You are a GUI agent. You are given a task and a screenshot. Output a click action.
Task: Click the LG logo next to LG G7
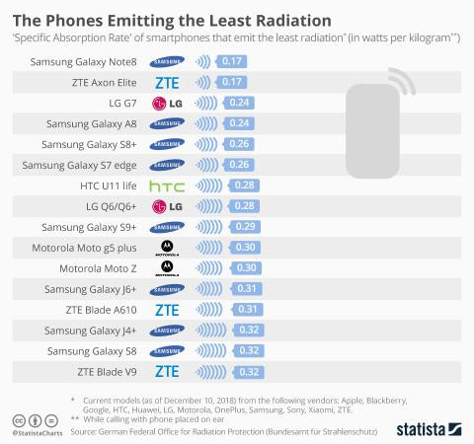pyautogui.click(x=167, y=103)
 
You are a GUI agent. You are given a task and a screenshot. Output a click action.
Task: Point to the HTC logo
pyautogui.click(x=166, y=185)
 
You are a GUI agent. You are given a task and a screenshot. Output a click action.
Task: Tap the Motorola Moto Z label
pyautogui.click(x=98, y=268)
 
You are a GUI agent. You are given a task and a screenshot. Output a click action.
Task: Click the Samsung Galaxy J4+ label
pyautogui.click(x=93, y=331)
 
